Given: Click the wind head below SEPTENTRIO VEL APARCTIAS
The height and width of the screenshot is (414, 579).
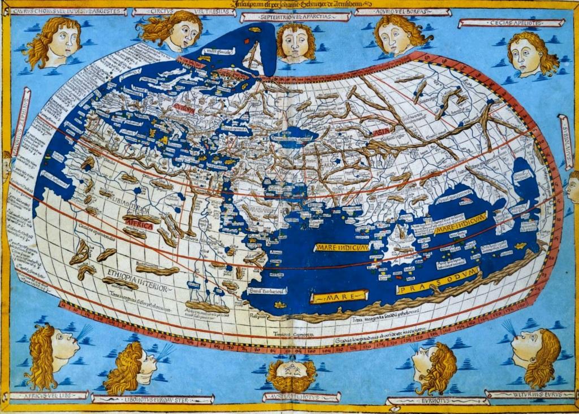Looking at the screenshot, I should click(296, 42).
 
